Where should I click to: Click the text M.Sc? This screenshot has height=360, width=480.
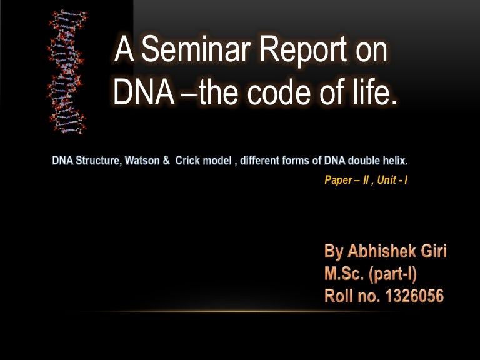344,274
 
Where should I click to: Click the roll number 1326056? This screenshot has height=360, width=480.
413,296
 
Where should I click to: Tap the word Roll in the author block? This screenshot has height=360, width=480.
340,296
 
